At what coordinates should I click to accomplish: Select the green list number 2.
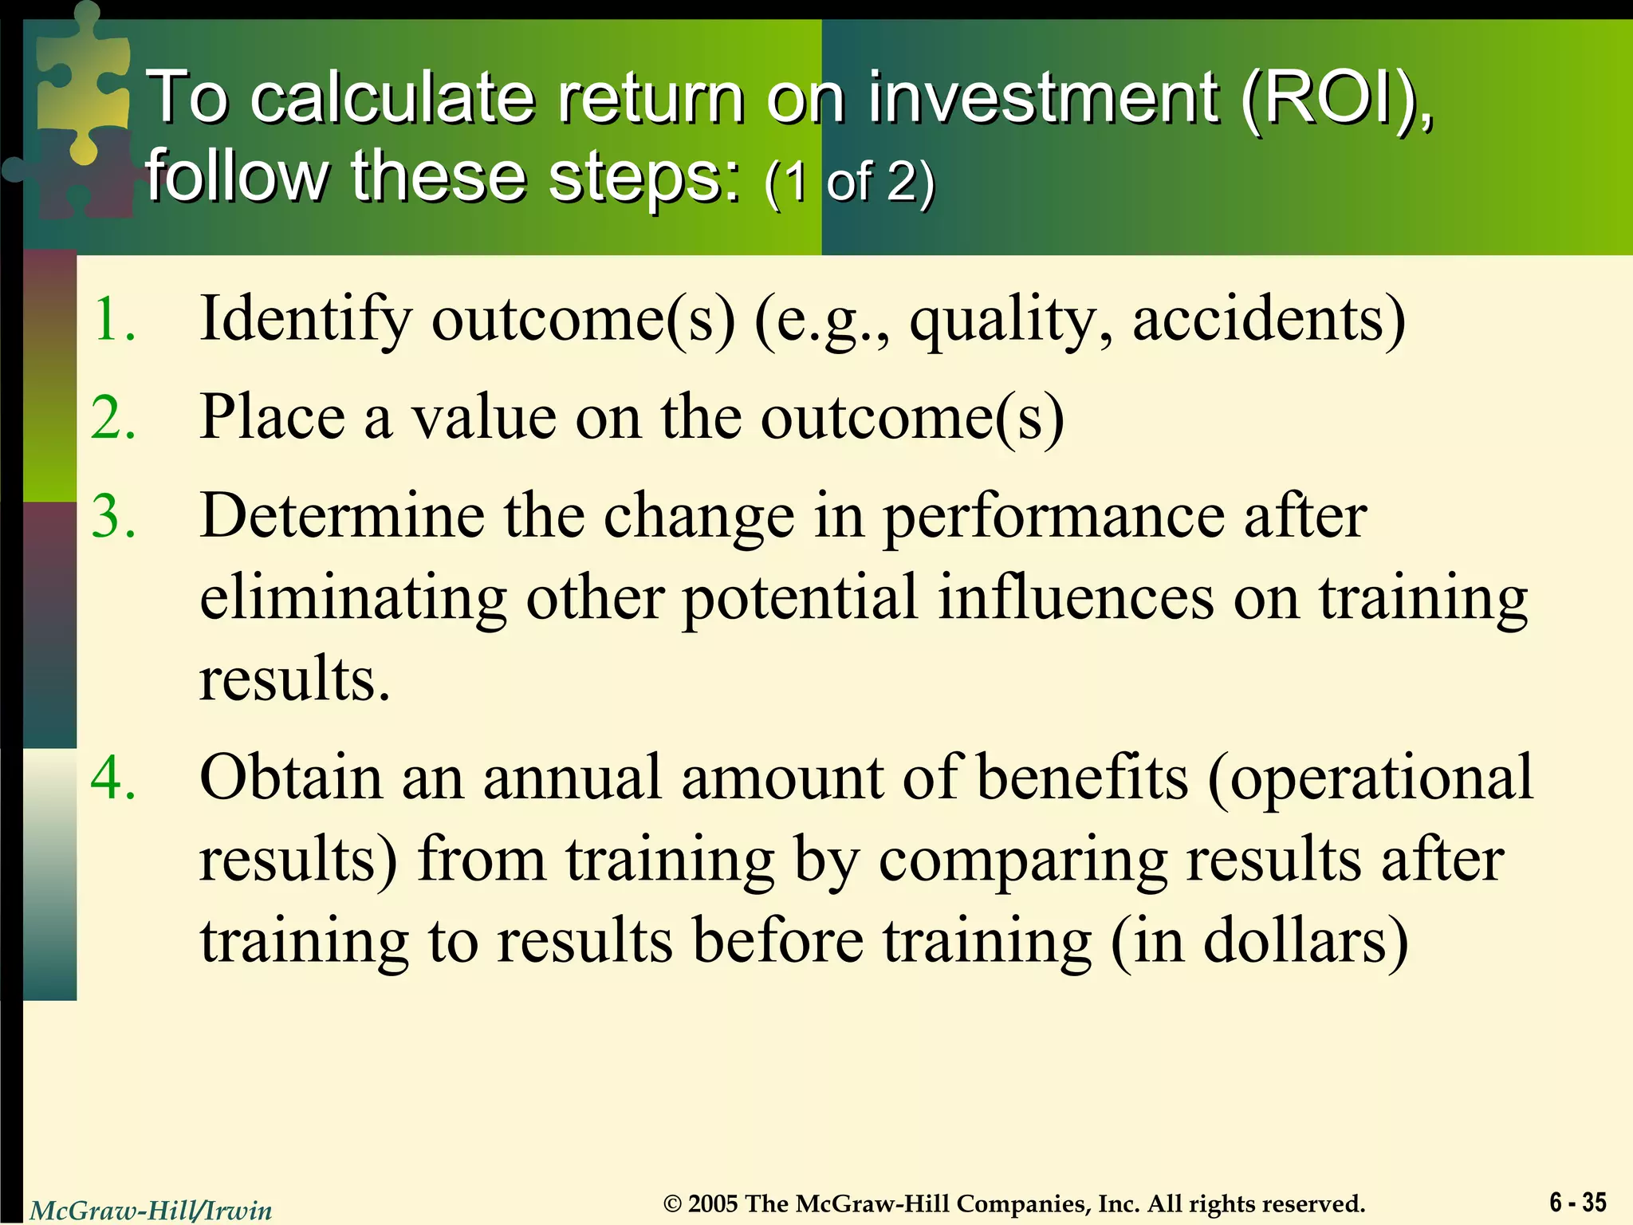114,418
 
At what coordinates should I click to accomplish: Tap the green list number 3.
114,516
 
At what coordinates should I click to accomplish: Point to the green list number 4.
114,777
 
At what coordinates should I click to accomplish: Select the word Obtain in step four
291,777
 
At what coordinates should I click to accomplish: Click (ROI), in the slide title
1336,99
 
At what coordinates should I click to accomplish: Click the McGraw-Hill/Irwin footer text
151,1211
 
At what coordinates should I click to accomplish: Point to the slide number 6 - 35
1577,1202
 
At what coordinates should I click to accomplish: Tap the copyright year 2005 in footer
713,1203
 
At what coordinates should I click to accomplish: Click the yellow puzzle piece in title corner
80,88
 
